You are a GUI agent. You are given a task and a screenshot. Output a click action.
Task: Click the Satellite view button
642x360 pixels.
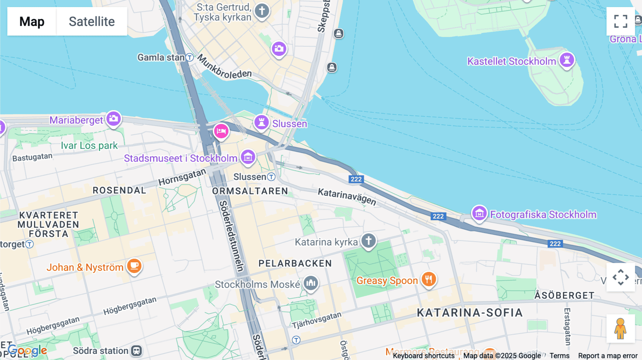(x=92, y=21)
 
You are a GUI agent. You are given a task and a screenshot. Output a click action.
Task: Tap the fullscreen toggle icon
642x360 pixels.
(x=621, y=21)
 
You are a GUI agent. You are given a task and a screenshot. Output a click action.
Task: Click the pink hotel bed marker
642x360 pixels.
(x=221, y=131)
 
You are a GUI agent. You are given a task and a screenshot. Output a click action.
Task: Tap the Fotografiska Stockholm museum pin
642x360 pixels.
(x=479, y=214)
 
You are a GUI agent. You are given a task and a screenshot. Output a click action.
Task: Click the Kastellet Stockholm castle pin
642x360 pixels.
(x=567, y=60)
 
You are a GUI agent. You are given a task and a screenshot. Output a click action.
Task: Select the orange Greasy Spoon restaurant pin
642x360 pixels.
(x=429, y=279)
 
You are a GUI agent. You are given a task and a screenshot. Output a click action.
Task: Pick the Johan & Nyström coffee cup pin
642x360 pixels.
(x=134, y=266)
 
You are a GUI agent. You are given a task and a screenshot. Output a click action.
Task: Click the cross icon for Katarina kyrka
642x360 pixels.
(x=368, y=241)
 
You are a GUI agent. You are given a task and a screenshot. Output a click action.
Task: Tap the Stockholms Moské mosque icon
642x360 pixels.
(x=311, y=283)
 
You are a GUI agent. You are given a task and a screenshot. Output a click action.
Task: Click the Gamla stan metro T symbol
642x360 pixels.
(x=190, y=57)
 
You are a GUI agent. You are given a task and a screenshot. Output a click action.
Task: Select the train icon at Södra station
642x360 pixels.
(x=136, y=351)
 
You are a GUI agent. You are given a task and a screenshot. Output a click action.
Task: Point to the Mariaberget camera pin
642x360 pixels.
(x=114, y=119)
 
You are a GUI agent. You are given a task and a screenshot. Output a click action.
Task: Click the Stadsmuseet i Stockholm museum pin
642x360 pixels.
(x=248, y=157)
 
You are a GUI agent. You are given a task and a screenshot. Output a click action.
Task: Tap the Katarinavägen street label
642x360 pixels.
(x=347, y=196)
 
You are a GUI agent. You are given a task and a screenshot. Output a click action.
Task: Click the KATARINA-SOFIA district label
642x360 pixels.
(x=470, y=313)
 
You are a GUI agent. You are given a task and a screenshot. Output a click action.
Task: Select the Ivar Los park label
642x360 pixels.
(x=89, y=145)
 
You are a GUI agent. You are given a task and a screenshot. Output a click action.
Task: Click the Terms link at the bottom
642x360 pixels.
(x=559, y=356)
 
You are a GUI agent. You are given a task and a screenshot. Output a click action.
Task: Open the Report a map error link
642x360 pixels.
(x=608, y=356)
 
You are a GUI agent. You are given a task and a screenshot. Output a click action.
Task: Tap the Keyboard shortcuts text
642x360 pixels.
(x=423, y=356)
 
